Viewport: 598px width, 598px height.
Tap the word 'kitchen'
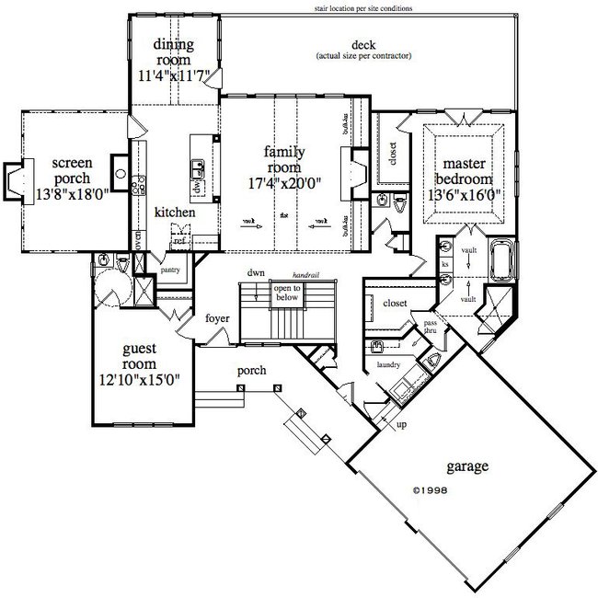pos(175,212)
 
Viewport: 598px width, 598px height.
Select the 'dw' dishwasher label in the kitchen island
pos(195,184)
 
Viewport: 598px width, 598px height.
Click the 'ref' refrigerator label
pos(180,241)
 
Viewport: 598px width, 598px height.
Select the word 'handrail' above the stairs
pos(305,275)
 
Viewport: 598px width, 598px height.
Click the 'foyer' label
pos(217,320)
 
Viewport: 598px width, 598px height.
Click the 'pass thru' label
pos(430,327)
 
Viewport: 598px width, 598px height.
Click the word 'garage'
pos(464,466)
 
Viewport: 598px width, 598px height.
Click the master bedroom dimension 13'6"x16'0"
pos(464,194)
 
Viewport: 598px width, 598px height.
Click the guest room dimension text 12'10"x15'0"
pos(140,377)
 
